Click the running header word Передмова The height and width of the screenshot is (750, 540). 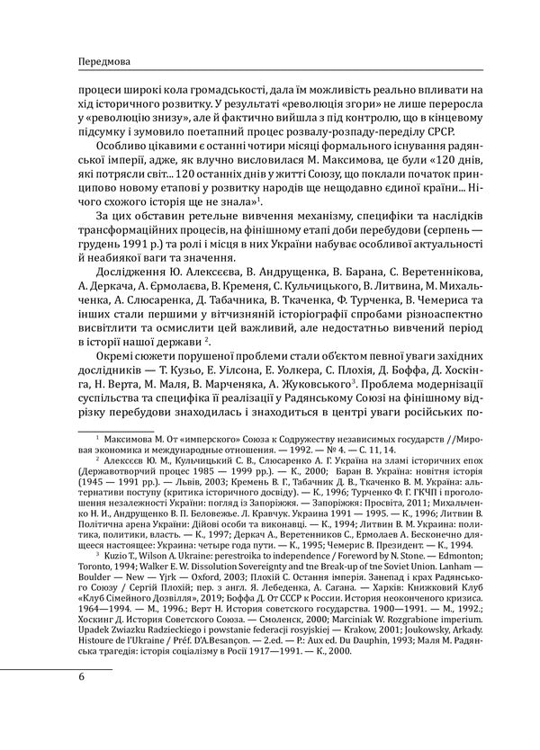(x=82, y=62)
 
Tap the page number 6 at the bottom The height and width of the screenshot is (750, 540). (x=57, y=677)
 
